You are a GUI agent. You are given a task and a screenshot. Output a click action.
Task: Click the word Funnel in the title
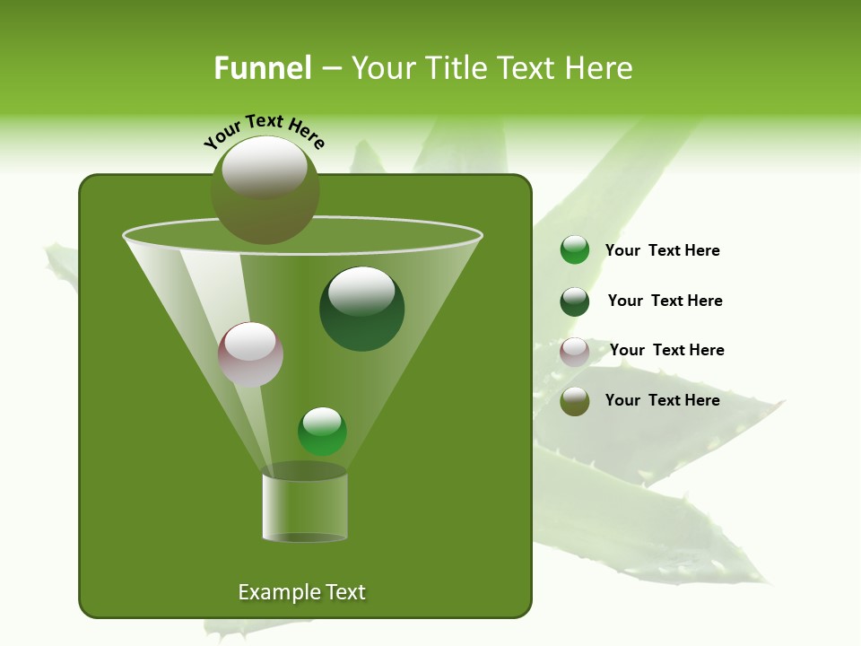262,67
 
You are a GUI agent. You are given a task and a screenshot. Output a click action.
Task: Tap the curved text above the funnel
264,129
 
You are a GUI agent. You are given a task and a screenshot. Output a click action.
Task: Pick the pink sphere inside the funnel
250,355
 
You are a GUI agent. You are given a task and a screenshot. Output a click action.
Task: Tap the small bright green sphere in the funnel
322,432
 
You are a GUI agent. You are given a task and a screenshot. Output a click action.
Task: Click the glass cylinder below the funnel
305,507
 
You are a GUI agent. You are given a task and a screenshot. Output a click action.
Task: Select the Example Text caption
302,592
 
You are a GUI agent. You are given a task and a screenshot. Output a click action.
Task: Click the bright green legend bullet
575,250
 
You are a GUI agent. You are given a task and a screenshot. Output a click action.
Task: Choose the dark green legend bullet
575,301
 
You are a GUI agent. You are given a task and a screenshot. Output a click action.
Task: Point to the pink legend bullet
575,352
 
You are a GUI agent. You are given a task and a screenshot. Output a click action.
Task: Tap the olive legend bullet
575,401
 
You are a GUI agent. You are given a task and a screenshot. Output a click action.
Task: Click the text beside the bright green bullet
662,250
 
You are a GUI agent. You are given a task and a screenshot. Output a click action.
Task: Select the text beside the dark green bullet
665,301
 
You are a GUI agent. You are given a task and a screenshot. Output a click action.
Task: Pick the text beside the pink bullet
666,350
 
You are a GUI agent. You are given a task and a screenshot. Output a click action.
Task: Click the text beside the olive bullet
662,400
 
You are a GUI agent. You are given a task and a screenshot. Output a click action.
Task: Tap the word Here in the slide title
596,67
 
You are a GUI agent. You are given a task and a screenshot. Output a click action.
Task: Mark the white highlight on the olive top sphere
265,167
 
